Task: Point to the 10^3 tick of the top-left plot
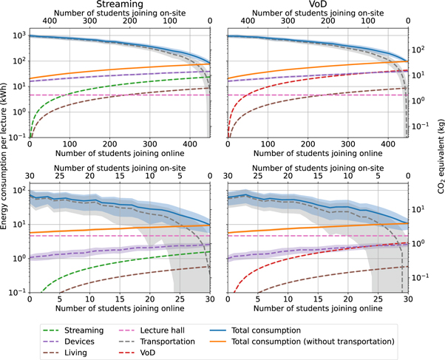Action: [x=17, y=35]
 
